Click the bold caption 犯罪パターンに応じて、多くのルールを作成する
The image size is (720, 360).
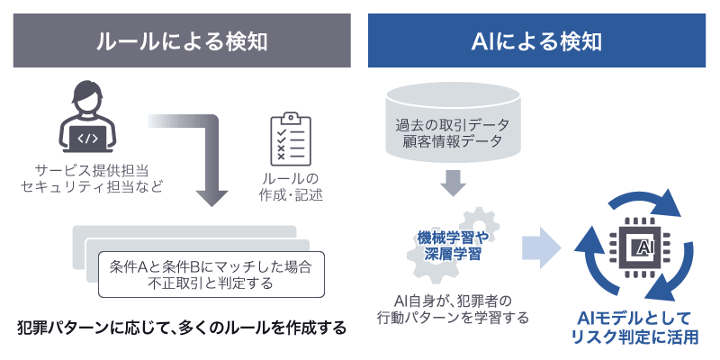pos(181,328)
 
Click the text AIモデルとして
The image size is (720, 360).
pos(634,317)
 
